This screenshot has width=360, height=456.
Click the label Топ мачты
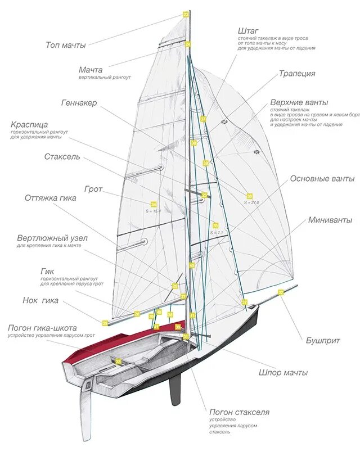[65, 45]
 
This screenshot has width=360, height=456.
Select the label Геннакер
[79, 103]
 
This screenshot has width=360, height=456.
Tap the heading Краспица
[29, 124]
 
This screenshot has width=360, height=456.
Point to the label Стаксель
[62, 157]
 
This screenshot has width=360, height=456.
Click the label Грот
[93, 189]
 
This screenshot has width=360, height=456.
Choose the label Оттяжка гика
[51, 198]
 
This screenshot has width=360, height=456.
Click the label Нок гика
[40, 300]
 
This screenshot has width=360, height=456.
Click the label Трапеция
[297, 74]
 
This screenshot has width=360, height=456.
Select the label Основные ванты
[322, 179]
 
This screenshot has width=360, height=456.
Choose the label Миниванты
[330, 220]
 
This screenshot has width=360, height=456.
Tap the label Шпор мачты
[283, 373]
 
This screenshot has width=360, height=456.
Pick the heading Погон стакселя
[239, 412]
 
